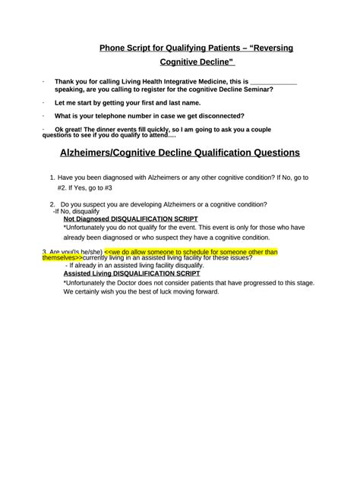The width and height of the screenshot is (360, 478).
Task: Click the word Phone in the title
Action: tap(114, 48)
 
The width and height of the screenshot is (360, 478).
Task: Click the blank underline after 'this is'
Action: tap(273, 80)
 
